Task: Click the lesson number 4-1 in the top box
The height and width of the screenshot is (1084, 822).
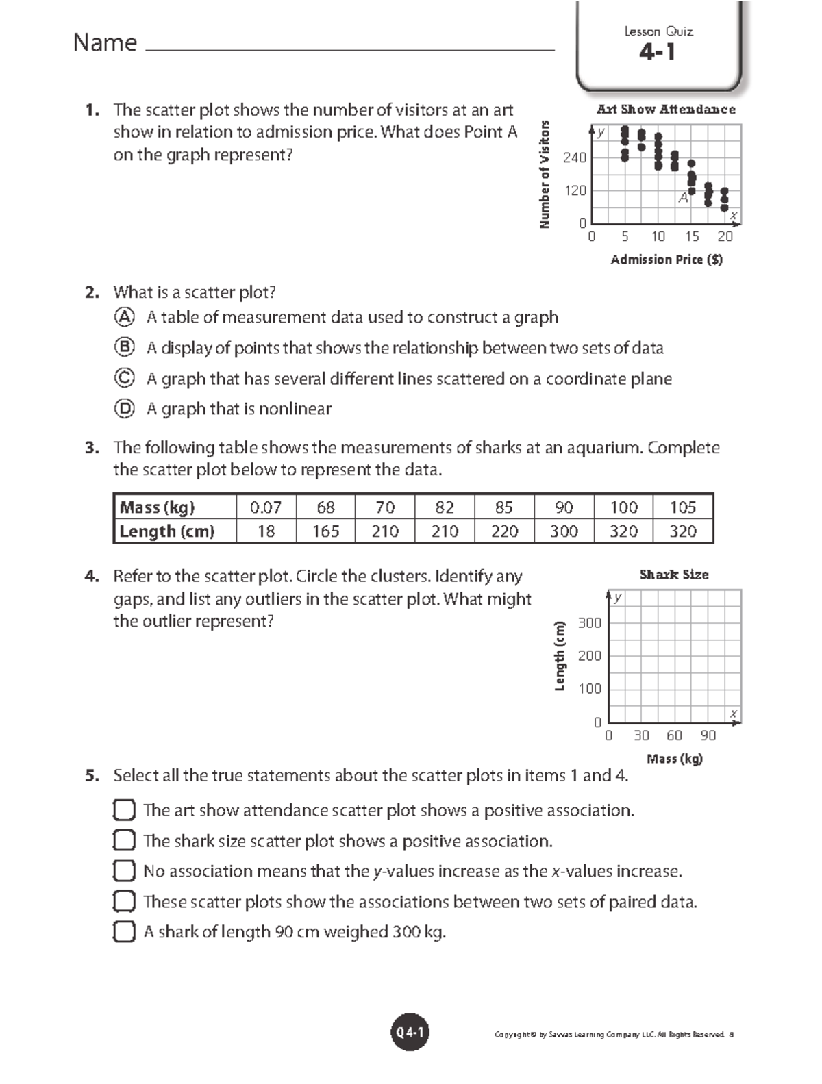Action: (657, 52)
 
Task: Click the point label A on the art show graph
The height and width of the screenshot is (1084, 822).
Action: (683, 198)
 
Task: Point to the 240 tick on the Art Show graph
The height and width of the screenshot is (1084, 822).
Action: (575, 158)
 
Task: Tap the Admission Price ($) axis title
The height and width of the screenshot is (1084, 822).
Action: (666, 260)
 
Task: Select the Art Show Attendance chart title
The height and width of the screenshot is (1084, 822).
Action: (666, 110)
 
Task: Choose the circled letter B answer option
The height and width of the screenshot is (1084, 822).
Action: (124, 348)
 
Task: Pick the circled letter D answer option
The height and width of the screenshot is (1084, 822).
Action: (124, 409)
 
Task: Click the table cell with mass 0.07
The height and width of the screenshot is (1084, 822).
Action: (266, 507)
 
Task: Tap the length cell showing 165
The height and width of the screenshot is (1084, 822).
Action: (325, 531)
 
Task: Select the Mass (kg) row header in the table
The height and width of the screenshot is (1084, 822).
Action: (158, 507)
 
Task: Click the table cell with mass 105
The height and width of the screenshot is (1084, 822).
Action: (682, 507)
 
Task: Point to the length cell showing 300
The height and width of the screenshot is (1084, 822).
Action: (564, 531)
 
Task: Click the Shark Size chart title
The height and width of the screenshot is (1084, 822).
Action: (674, 575)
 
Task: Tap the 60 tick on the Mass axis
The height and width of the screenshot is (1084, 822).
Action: (674, 735)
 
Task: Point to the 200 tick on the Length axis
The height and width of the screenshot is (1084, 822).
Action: (589, 656)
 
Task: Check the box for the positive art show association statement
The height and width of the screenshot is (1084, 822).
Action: (124, 810)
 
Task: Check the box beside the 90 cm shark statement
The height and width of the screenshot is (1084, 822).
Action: (124, 932)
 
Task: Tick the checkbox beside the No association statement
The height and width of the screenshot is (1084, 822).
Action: (124, 871)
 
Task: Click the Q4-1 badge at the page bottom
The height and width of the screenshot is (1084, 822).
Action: (410, 1033)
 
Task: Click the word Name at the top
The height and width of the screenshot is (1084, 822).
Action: (105, 43)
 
